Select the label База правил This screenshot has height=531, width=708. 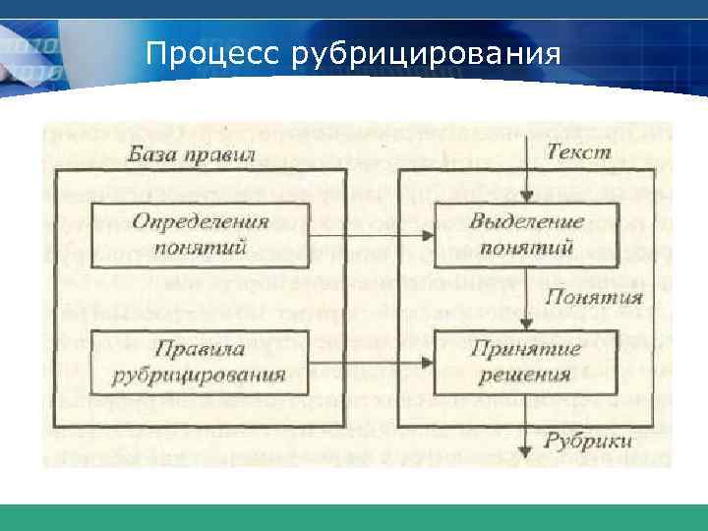tap(192, 155)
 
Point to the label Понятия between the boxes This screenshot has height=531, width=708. tap(594, 296)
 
